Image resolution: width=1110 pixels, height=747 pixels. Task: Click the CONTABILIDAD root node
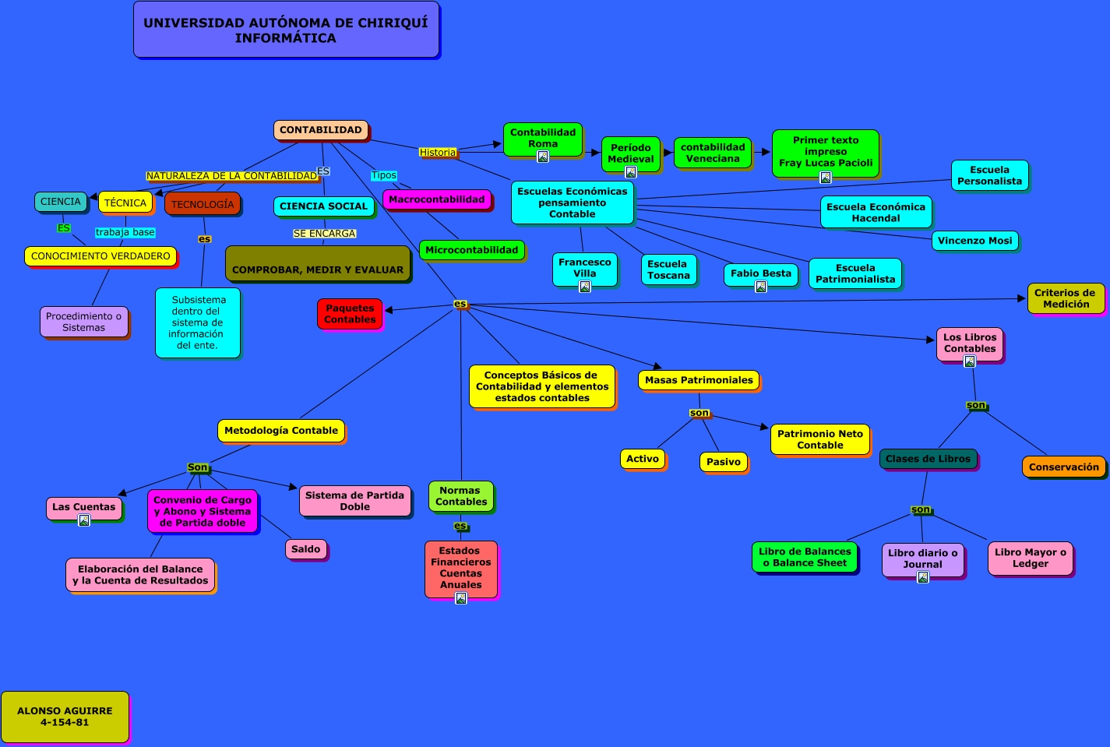320,130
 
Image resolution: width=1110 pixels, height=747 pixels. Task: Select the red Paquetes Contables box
350,314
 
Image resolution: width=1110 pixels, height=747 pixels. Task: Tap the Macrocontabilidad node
436,199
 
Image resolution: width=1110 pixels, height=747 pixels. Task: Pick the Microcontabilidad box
471,250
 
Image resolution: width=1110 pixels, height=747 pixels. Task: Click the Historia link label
438,153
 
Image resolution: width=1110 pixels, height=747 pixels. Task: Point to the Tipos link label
383,175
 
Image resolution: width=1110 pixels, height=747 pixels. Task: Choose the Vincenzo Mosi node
974,241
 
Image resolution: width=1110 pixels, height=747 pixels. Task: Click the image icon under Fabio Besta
761,287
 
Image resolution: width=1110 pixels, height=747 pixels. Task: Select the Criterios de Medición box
1065,298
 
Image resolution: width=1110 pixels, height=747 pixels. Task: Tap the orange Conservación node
1063,467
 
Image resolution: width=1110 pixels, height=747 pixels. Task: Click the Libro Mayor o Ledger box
1030,558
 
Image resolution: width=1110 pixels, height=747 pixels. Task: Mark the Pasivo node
723,462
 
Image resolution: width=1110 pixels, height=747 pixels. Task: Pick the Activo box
643,459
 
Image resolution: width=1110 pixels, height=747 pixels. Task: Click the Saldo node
305,549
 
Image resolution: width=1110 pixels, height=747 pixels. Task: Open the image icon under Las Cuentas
84,520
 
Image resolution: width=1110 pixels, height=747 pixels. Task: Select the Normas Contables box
460,496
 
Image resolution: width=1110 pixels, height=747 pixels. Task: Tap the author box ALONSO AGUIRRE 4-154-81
65,717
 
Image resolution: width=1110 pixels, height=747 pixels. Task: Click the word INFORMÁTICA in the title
286,38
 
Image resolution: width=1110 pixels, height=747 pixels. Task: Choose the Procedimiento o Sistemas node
83,322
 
